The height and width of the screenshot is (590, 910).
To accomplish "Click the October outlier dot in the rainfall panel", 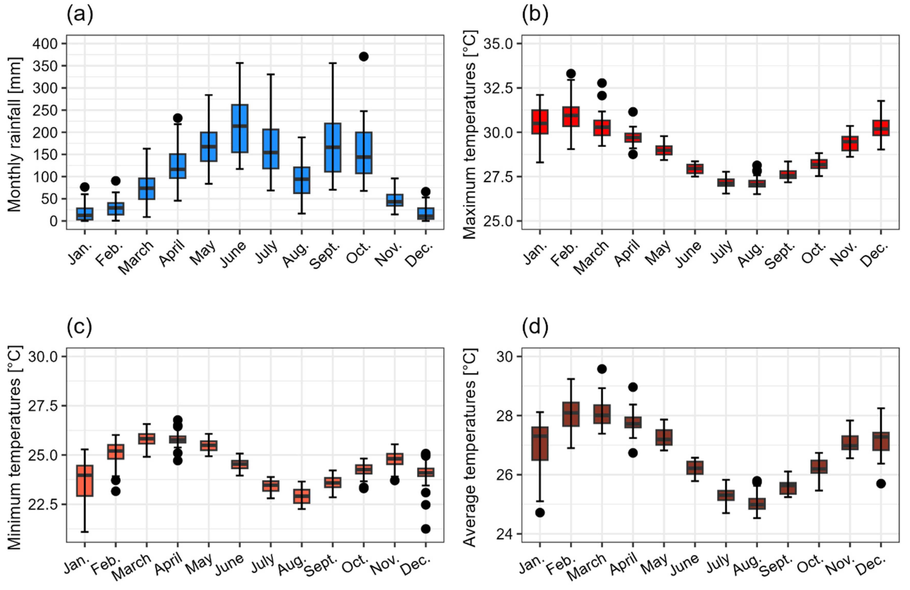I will coord(364,57).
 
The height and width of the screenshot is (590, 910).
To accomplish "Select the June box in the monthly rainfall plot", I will coord(240,129).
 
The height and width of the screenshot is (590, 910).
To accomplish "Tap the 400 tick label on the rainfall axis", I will coord(45,44).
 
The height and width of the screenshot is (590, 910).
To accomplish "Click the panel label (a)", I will coord(80,15).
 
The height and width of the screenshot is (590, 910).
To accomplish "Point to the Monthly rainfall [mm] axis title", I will coord(15,134).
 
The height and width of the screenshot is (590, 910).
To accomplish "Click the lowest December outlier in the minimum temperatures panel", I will coord(425,529).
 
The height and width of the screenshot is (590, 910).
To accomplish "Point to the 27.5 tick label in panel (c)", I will coord(42,406).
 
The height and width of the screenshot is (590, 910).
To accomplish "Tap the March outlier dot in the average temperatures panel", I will coord(602,369).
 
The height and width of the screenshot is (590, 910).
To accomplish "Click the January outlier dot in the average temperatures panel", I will coord(540,513).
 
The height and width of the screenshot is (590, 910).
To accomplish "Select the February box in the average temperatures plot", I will coord(571,414).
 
